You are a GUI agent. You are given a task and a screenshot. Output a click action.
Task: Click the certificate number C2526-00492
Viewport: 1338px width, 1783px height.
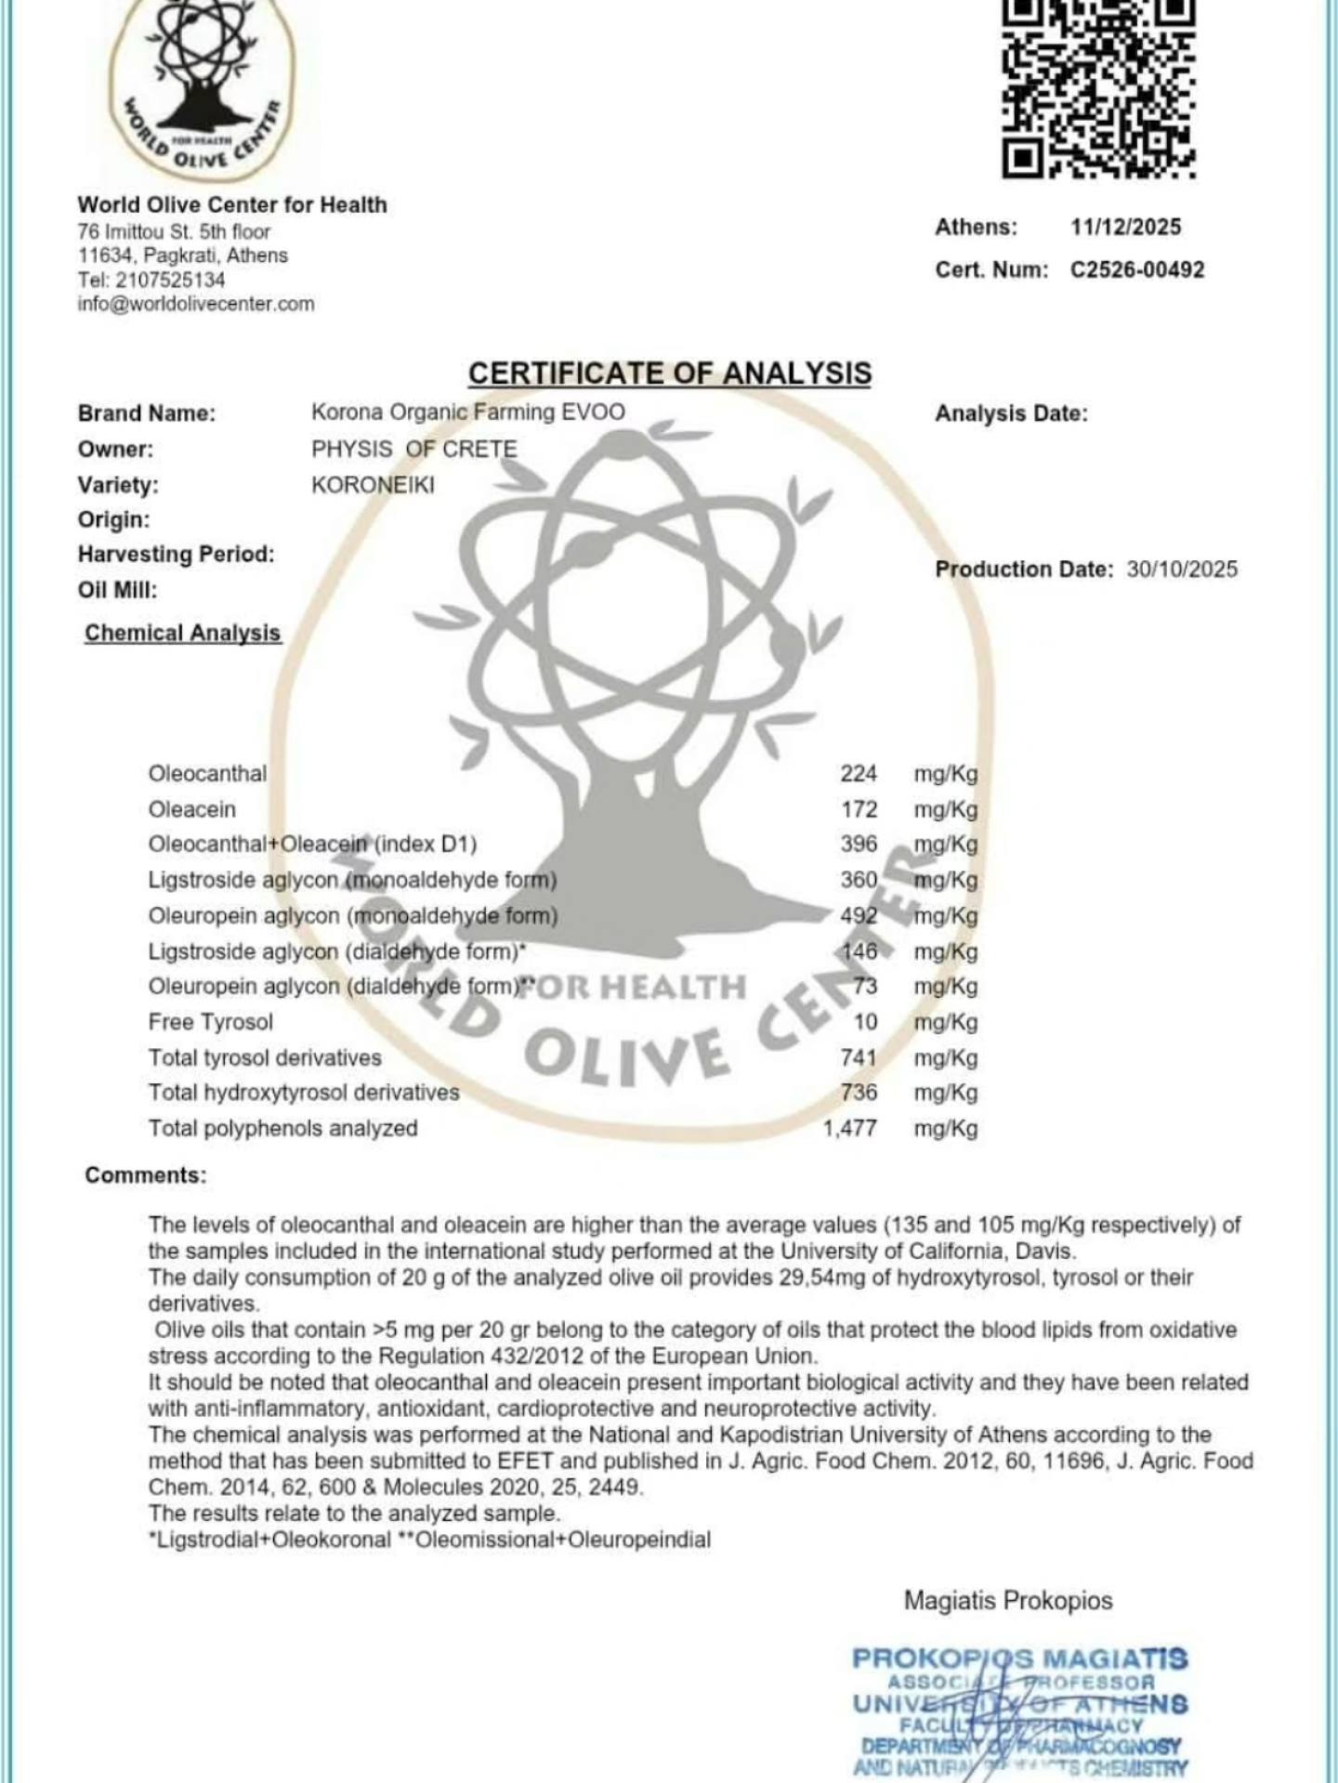point(1137,270)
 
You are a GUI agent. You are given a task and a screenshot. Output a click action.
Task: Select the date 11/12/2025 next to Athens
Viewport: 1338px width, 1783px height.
point(1125,228)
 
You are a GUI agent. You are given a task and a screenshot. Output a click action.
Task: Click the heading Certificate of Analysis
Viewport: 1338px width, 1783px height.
point(669,374)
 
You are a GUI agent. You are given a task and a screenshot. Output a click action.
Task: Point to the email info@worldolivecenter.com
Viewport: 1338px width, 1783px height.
point(196,304)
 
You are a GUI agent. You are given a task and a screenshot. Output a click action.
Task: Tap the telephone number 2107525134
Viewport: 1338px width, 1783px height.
point(170,280)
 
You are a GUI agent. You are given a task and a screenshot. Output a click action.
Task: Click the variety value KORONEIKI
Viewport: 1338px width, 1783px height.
point(373,485)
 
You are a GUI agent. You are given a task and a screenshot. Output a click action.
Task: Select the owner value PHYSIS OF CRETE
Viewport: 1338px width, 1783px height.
point(413,450)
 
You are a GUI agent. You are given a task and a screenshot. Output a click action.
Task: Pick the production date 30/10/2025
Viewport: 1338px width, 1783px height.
point(1182,570)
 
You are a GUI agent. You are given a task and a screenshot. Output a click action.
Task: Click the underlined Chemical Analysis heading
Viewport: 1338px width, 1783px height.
point(183,634)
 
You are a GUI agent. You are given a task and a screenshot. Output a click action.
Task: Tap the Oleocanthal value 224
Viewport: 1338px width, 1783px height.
point(858,774)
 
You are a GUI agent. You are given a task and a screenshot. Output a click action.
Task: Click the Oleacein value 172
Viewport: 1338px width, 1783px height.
point(859,810)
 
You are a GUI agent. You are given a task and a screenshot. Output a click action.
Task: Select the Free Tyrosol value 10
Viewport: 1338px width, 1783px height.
point(865,1022)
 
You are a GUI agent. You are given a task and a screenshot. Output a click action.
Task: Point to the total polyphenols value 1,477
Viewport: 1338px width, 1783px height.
point(849,1129)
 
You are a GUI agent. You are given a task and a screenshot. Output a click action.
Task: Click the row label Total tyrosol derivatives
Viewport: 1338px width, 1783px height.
point(265,1058)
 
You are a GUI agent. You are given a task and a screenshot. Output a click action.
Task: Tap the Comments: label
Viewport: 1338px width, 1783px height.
point(146,1175)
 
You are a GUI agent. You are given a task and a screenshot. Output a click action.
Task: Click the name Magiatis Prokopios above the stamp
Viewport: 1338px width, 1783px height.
point(1008,1601)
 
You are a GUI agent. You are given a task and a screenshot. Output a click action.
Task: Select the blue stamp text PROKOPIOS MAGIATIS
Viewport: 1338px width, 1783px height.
point(1019,1658)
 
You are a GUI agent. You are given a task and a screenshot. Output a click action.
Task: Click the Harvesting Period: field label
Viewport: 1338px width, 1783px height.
point(177,555)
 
